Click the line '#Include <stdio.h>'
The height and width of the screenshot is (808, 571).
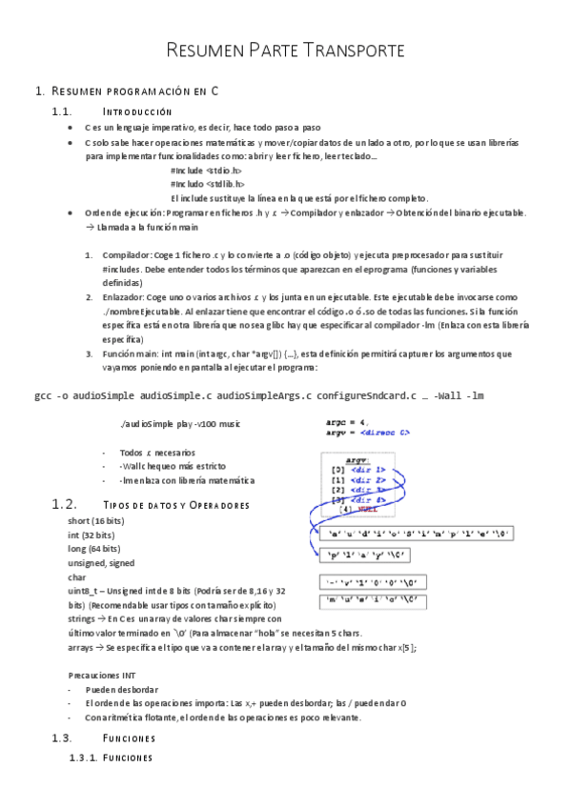point(206,171)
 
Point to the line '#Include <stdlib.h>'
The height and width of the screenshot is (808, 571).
point(207,184)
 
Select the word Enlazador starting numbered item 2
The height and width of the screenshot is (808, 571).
point(124,296)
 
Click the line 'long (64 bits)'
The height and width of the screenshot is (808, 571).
point(93,549)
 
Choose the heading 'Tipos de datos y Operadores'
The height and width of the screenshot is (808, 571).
point(175,504)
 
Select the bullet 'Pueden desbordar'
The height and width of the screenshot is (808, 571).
point(121,689)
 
